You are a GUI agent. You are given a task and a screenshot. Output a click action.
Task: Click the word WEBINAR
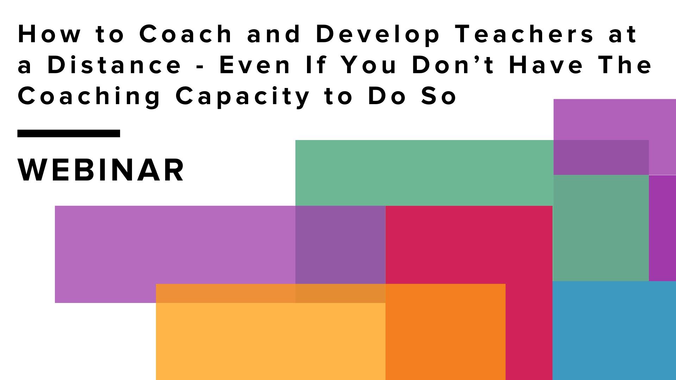101,170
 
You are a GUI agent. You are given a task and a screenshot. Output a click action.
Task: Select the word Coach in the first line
186,34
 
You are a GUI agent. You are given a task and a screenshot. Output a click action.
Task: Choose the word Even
255,65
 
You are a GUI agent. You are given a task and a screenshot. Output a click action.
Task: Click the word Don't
454,65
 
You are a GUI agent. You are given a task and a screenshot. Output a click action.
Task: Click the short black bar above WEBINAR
69,133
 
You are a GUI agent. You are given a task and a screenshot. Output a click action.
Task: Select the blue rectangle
614,331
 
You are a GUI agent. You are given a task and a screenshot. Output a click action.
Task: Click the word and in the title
274,34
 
